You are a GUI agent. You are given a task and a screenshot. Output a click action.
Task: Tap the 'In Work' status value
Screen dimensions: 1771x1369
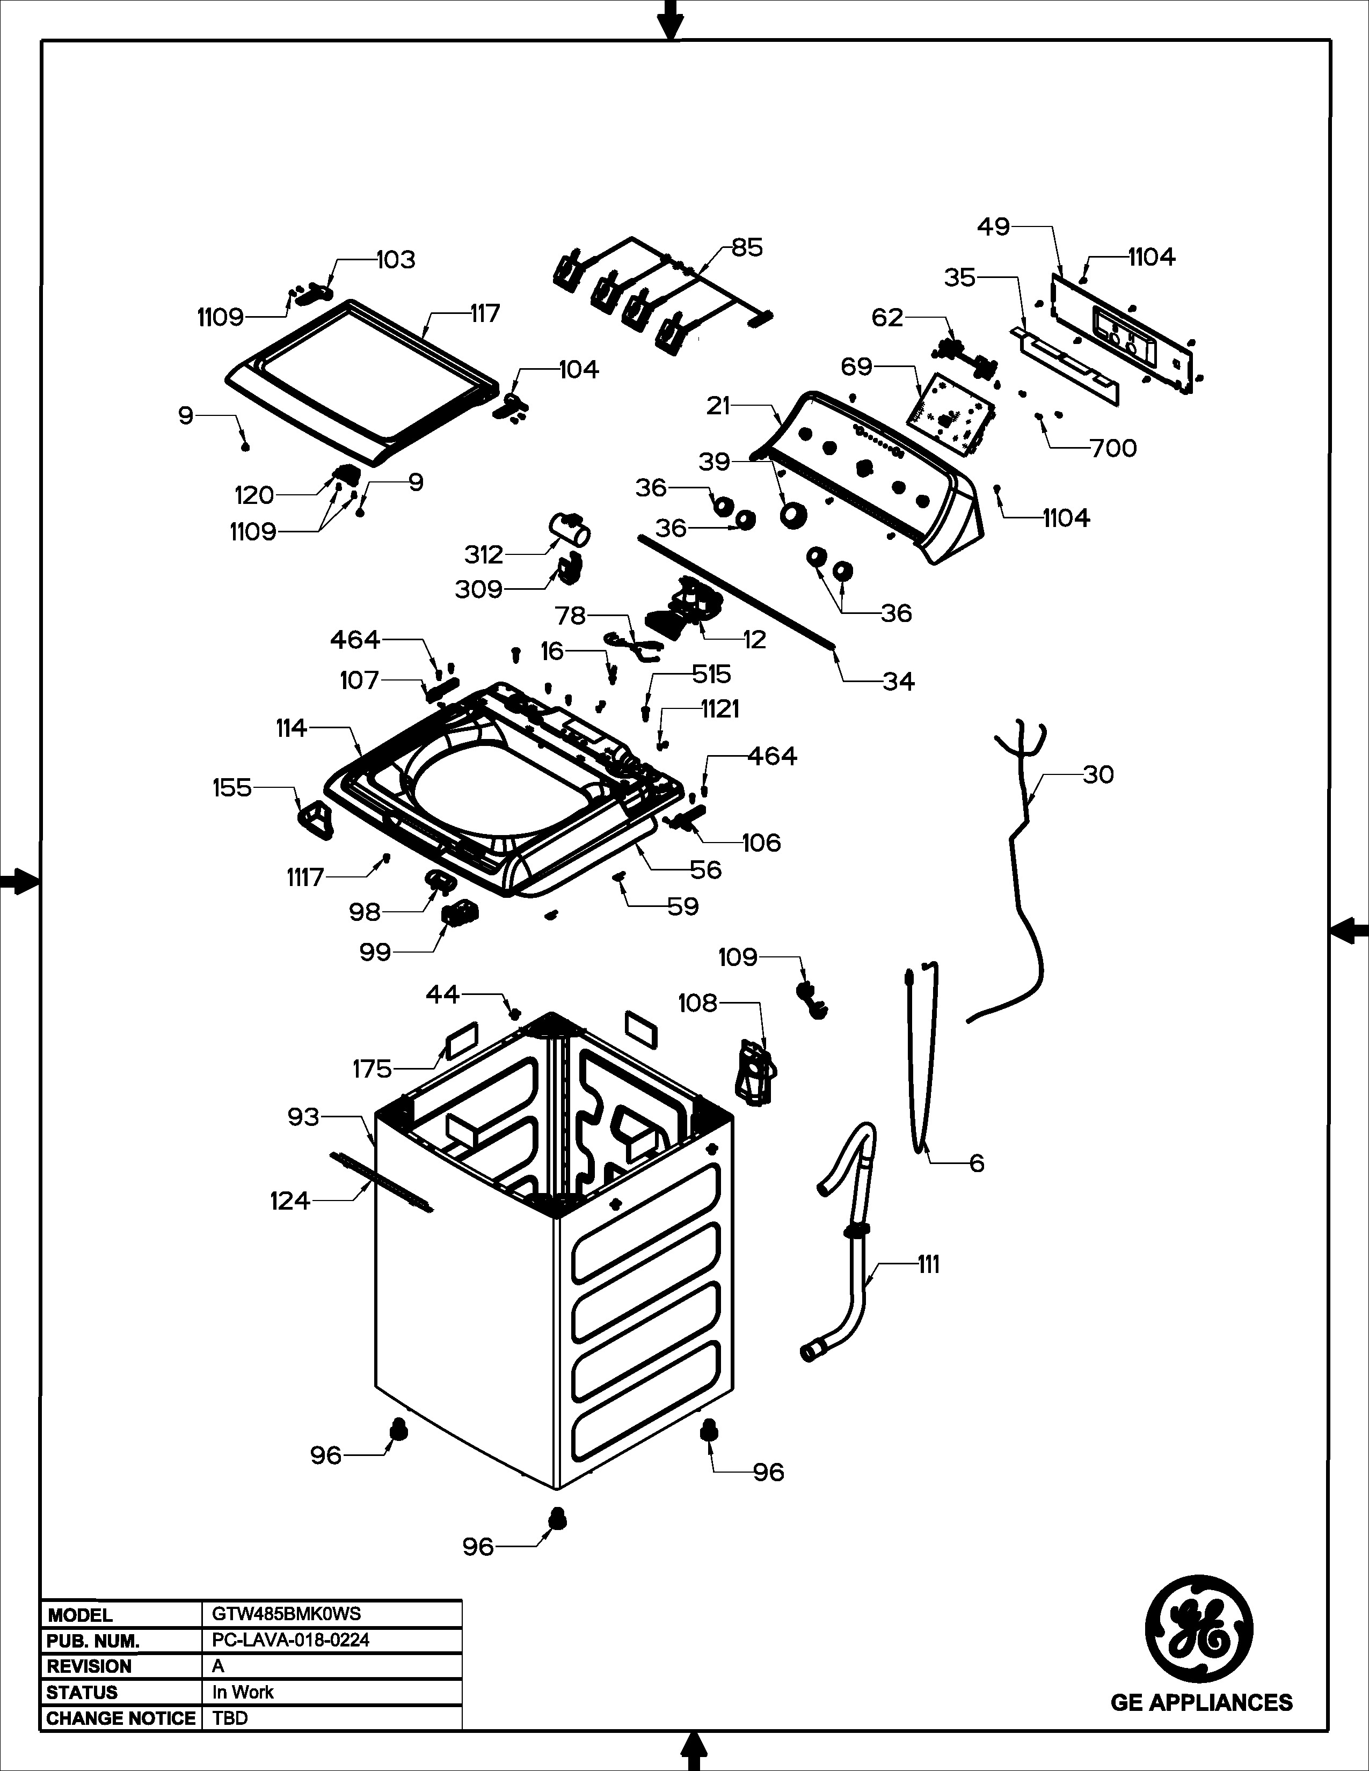pyautogui.click(x=243, y=1692)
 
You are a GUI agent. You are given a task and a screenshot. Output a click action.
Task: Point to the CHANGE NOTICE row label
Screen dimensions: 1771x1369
pyautogui.click(x=121, y=1718)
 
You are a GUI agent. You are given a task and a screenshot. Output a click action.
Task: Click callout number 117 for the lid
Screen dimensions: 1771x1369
pyautogui.click(x=485, y=313)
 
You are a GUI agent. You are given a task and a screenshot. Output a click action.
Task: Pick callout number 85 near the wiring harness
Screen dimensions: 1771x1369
pyautogui.click(x=747, y=247)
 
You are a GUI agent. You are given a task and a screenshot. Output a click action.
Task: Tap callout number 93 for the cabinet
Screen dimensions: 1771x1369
pyautogui.click(x=303, y=1117)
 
